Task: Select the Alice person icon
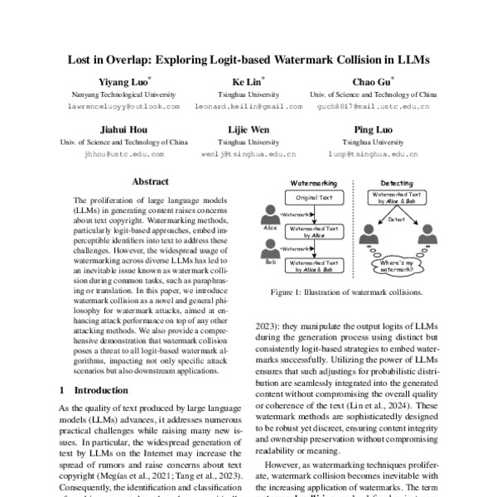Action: (x=271, y=218)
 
